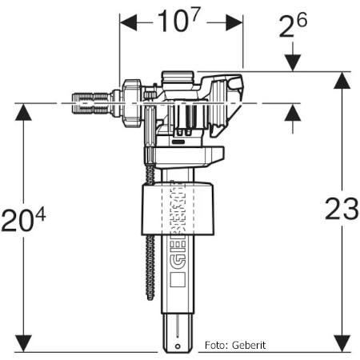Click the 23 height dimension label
pos(342,209)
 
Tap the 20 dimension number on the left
pos(18,221)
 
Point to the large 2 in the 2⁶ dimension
pos(287,27)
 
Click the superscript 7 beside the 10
pos(195,14)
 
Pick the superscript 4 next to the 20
pos(41,214)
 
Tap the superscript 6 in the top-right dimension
pos(302,20)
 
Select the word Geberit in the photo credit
pos(249,346)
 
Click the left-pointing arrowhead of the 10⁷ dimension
pos(128,22)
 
